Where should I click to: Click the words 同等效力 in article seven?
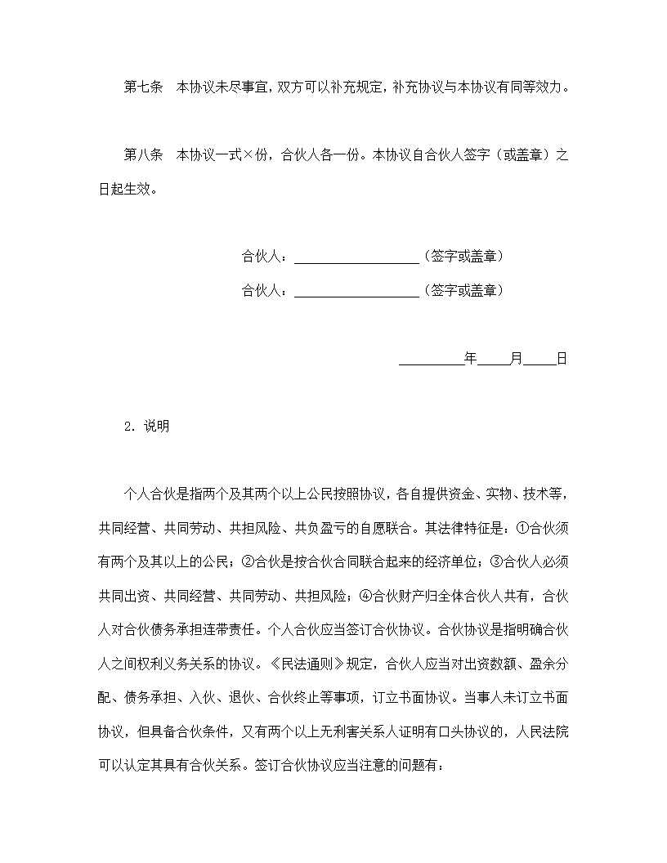coord(537,87)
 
